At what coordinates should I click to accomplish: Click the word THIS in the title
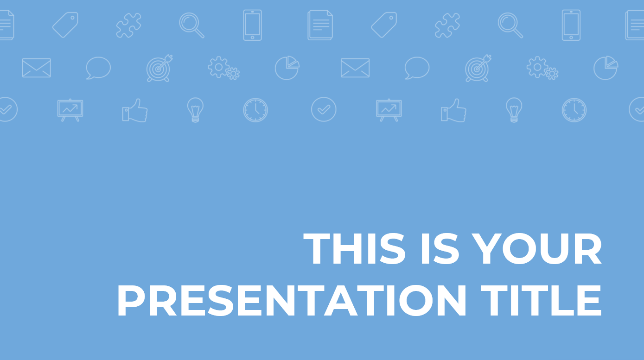point(354,248)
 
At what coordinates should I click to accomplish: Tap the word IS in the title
point(440,248)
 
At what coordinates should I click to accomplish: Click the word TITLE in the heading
point(541,301)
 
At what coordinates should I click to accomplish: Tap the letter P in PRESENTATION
point(131,301)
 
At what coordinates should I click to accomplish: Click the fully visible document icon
point(320,25)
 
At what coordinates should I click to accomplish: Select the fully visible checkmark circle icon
point(324,109)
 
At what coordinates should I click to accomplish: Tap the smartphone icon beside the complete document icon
point(252,25)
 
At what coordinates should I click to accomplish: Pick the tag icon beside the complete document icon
point(384,25)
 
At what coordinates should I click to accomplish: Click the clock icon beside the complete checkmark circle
point(255,110)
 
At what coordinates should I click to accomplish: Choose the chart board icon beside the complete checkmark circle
point(389,110)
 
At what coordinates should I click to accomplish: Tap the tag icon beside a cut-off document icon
point(65,25)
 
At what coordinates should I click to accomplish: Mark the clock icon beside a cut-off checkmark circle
point(574,110)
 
